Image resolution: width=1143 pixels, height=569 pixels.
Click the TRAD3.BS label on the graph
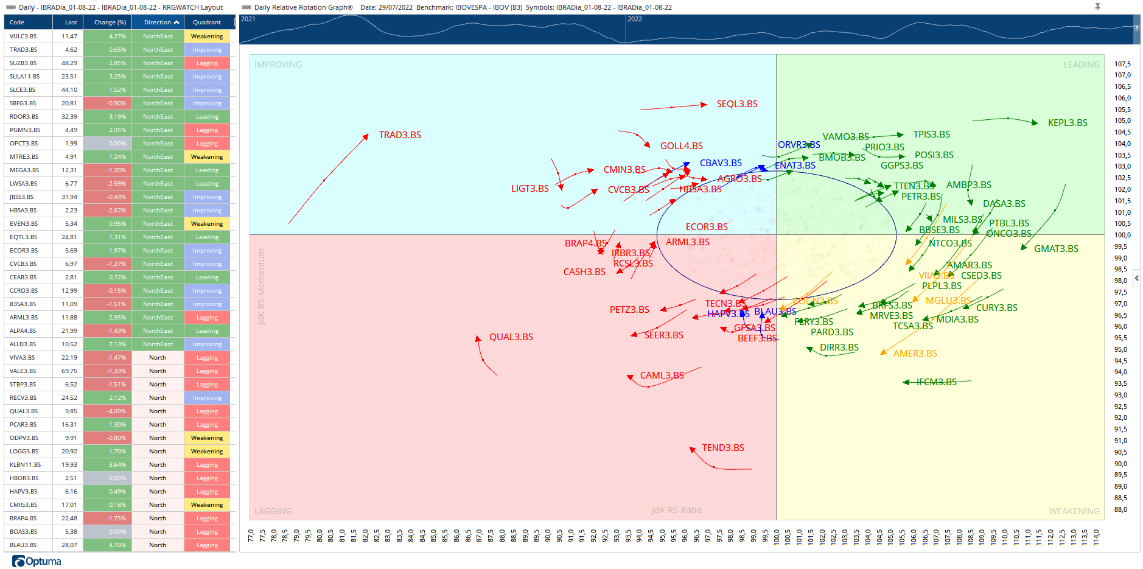[x=400, y=135]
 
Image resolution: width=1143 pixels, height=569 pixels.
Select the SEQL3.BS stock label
[x=736, y=104]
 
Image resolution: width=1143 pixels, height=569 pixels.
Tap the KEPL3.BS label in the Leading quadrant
[x=1067, y=123]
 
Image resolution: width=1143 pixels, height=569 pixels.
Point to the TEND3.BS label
[x=722, y=448]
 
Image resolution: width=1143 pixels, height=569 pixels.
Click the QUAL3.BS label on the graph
[x=511, y=337]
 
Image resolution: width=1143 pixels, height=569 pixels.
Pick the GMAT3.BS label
[x=1055, y=249]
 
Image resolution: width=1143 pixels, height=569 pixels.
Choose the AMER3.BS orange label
[x=915, y=354]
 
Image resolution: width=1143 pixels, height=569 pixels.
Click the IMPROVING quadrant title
[x=278, y=65]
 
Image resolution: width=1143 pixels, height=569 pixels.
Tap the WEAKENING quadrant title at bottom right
[x=1074, y=511]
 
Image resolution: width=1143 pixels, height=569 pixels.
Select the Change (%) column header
[x=110, y=23]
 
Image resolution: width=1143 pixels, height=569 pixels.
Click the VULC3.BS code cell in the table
[x=23, y=37]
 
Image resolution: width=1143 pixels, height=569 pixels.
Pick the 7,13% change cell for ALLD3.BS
[x=108, y=344]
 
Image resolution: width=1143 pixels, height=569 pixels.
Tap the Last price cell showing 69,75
[x=69, y=371]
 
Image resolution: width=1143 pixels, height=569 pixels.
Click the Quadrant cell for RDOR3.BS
[x=207, y=117]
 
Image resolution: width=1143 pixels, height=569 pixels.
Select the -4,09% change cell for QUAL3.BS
[x=108, y=411]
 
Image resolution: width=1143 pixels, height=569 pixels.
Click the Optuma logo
[x=37, y=561]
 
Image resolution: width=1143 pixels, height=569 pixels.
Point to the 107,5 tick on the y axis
[x=1122, y=64]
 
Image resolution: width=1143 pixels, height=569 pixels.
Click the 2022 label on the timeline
[x=634, y=19]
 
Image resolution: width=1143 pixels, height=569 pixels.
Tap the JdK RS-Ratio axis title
[x=676, y=510]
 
